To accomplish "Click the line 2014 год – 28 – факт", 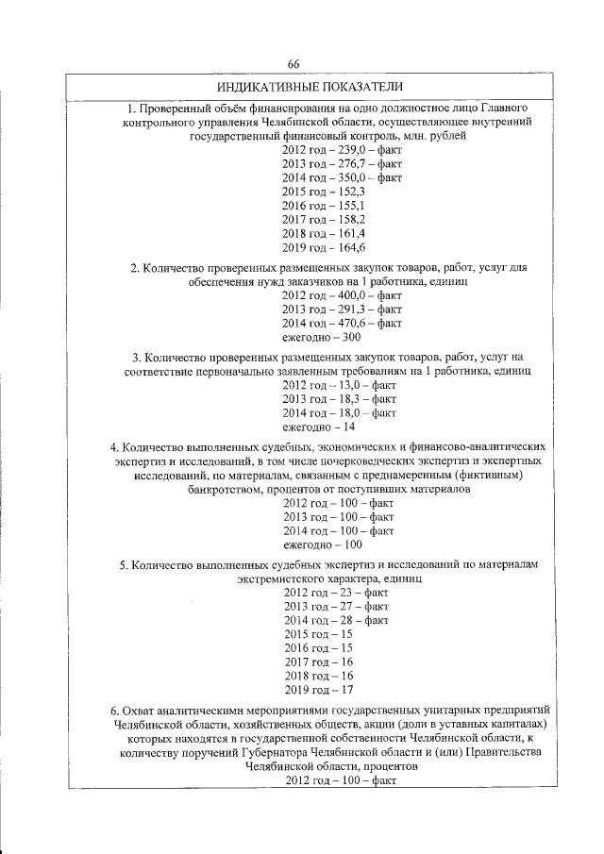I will click(x=336, y=620).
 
